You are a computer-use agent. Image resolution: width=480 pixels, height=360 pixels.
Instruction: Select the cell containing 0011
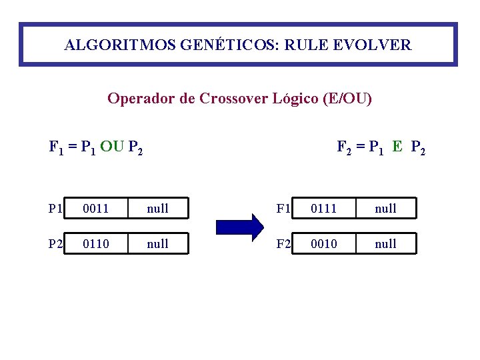coord(97,209)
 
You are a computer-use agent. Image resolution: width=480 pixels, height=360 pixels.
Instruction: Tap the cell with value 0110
coord(97,244)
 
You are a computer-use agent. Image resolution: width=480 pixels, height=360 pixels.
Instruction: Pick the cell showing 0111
coord(325,209)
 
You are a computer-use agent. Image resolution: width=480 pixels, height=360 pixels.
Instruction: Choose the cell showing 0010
coord(325,244)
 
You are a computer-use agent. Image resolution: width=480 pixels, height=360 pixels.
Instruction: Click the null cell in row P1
coord(157,209)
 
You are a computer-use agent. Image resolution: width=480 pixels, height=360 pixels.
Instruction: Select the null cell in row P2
coord(157,244)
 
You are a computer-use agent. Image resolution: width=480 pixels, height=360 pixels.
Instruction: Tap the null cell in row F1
coord(385,209)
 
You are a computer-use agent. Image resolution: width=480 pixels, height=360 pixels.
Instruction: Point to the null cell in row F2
coord(385,244)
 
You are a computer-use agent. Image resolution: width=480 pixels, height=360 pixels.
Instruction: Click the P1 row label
coord(56,209)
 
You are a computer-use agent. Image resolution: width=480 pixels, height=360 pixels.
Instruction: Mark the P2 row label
coord(56,244)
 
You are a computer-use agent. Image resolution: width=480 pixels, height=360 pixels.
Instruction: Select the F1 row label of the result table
coord(284,209)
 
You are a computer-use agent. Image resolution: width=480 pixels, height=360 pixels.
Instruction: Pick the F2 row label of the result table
coord(284,244)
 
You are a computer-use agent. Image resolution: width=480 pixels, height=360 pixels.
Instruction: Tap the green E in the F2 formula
coord(397,147)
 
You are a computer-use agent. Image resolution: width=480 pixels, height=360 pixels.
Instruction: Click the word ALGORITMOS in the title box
coord(107,45)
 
